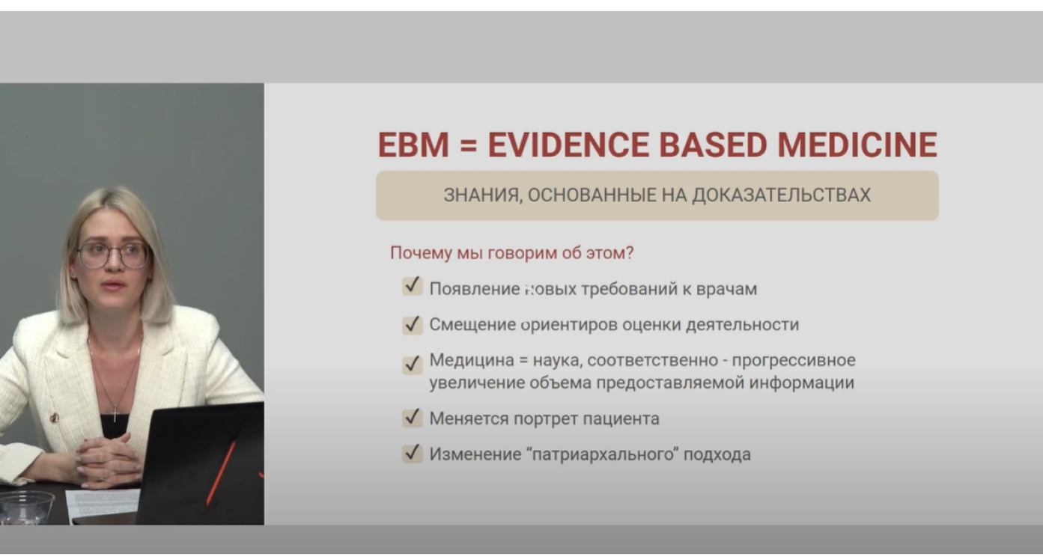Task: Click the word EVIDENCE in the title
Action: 568,144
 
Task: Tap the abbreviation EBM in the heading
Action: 413,144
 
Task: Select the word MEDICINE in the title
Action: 857,144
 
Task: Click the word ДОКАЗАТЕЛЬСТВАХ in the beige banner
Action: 781,195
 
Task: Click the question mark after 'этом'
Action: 629,253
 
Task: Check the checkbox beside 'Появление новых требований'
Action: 413,285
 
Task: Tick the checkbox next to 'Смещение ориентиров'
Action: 413,325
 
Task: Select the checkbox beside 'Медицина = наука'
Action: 413,364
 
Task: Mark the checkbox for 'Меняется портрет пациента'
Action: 413,417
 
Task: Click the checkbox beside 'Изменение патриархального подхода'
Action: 413,453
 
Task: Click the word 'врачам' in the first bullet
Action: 726,290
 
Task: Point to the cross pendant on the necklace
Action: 115,413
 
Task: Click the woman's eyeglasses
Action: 114,256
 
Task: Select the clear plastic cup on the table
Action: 26,508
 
